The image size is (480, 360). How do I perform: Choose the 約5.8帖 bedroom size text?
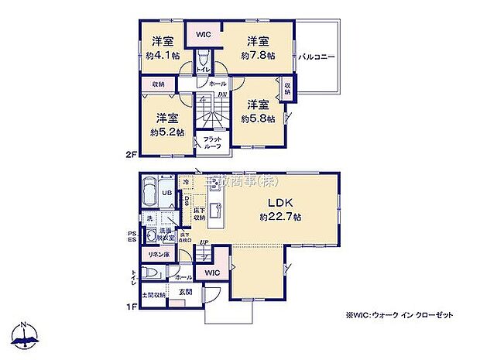(257, 118)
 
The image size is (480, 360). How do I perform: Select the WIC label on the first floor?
(211, 273)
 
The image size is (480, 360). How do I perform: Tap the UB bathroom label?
(167, 192)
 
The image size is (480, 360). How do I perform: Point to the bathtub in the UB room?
(152, 193)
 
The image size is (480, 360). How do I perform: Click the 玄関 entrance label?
(186, 292)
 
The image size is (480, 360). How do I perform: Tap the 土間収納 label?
(154, 295)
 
